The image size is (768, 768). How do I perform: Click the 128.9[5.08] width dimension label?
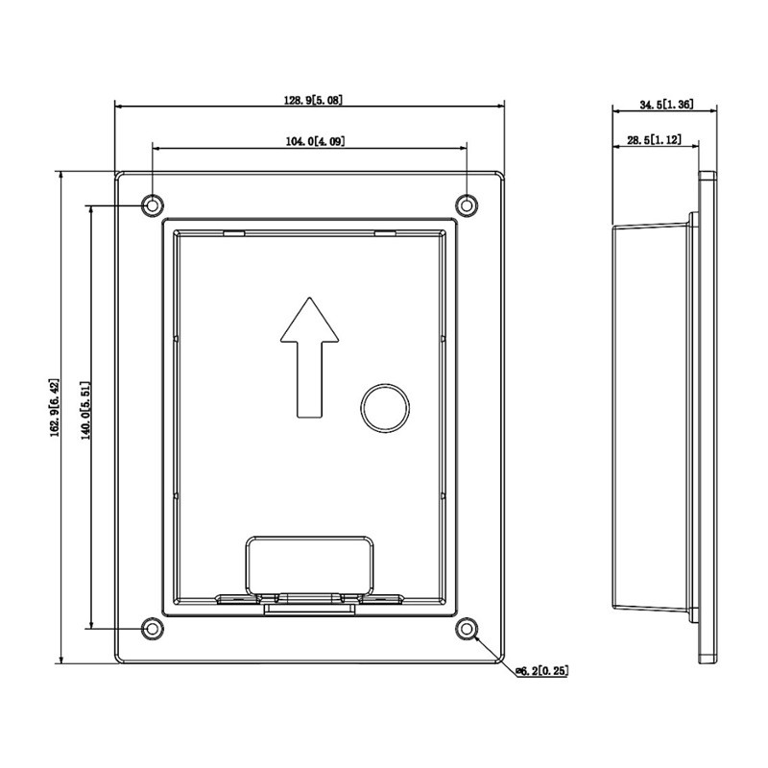pyautogui.click(x=314, y=100)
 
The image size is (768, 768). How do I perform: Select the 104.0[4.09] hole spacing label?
pyautogui.click(x=316, y=141)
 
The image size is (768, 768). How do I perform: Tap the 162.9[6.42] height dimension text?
pyautogui.click(x=54, y=407)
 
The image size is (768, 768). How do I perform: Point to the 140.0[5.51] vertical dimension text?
pyautogui.click(x=85, y=411)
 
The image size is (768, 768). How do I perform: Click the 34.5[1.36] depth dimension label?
pyautogui.click(x=666, y=104)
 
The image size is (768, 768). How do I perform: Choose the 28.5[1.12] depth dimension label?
pyautogui.click(x=655, y=140)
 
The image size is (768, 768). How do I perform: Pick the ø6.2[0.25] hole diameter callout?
pyautogui.click(x=542, y=670)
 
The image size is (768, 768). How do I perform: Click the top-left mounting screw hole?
pyautogui.click(x=153, y=204)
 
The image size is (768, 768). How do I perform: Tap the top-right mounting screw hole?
pyautogui.click(x=467, y=204)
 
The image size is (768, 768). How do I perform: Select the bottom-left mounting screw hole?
pyautogui.click(x=153, y=629)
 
